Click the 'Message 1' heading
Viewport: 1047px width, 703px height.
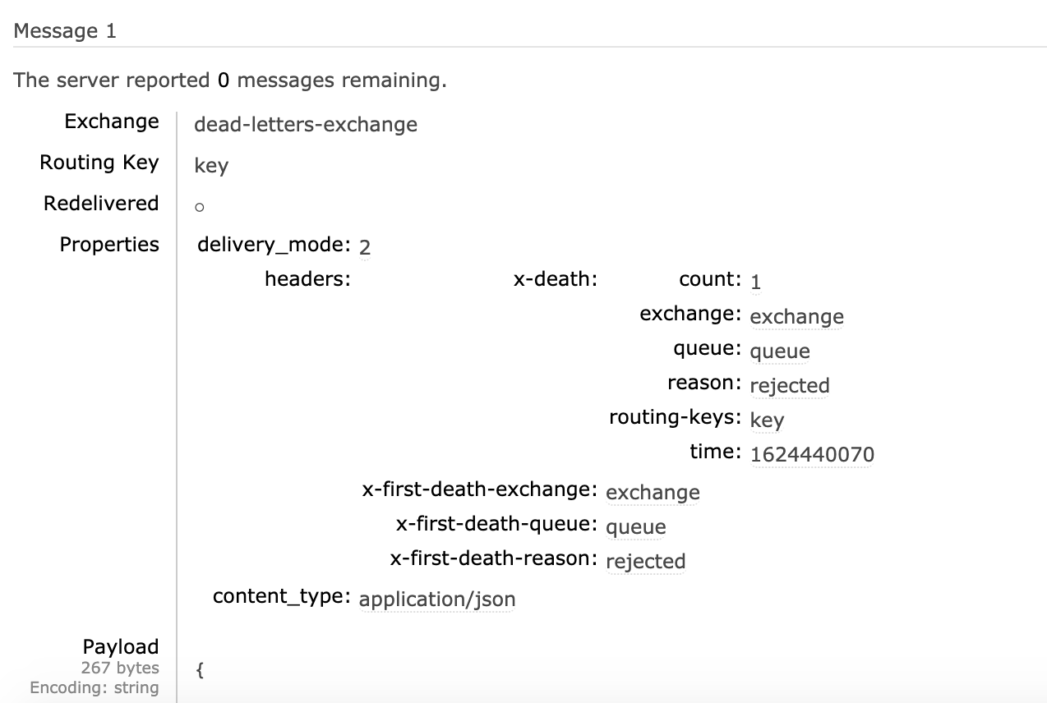tap(65, 31)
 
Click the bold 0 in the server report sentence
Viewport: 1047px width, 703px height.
tap(224, 80)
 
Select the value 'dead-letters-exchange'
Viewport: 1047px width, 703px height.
tap(305, 125)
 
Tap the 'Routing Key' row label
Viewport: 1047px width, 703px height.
tap(99, 163)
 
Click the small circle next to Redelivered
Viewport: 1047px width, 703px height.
tap(199, 208)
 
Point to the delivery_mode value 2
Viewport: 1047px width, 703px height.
tap(365, 247)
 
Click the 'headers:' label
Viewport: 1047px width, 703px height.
tap(307, 279)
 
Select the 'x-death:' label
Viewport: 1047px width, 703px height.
tap(555, 279)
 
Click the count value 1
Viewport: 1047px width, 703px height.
tap(755, 282)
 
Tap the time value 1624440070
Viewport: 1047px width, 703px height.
tap(812, 454)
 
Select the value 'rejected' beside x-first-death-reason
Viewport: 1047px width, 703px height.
tap(645, 561)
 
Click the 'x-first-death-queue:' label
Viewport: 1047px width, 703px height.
tap(496, 524)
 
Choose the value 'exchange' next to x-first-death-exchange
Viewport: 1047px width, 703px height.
tap(653, 492)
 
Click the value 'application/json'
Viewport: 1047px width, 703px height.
tap(437, 600)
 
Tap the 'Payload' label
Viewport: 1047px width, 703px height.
tap(120, 647)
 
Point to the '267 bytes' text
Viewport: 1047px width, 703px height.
tap(120, 668)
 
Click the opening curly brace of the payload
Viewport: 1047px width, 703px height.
tap(200, 669)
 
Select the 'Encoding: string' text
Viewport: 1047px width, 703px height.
tap(94, 687)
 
